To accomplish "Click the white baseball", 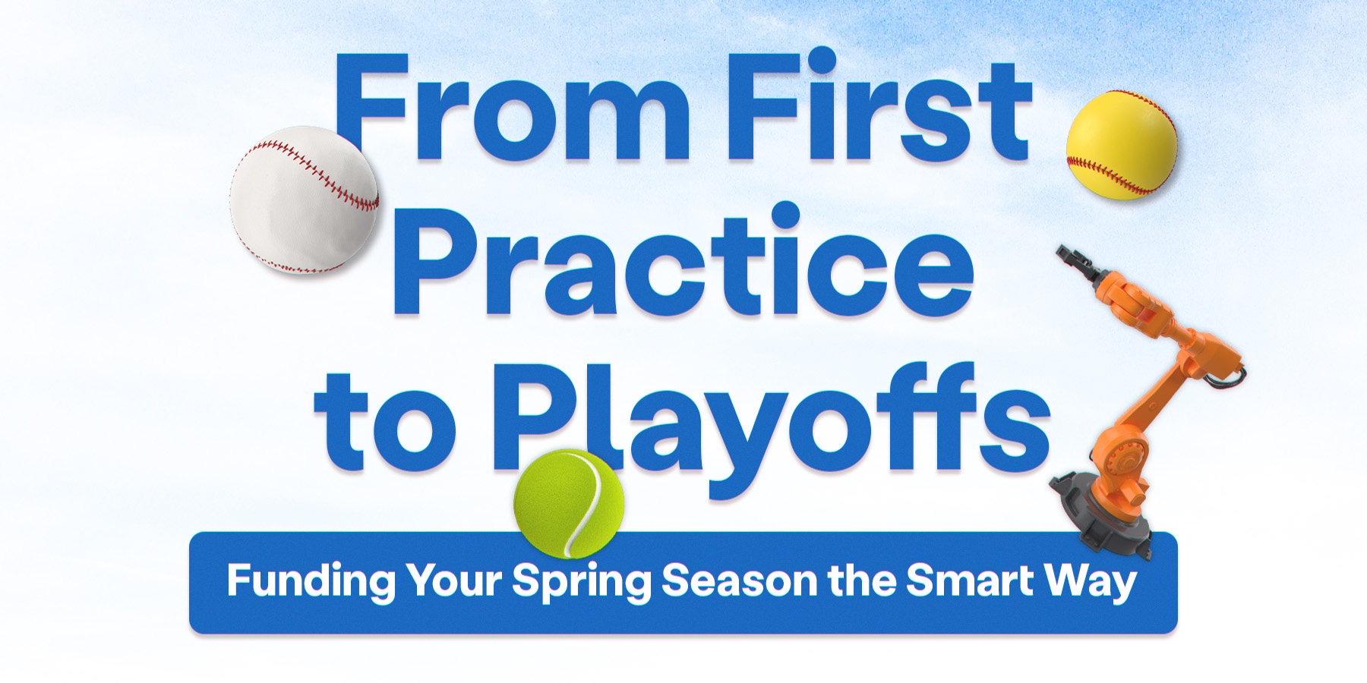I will click(x=304, y=200).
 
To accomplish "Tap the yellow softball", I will click(x=1122, y=146).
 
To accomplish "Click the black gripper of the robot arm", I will click(x=1075, y=260).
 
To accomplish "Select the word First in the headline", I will click(x=878, y=110).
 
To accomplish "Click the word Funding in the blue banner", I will click(x=311, y=582).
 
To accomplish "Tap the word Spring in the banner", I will click(x=581, y=582).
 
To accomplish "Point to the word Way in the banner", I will click(x=1091, y=582).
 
